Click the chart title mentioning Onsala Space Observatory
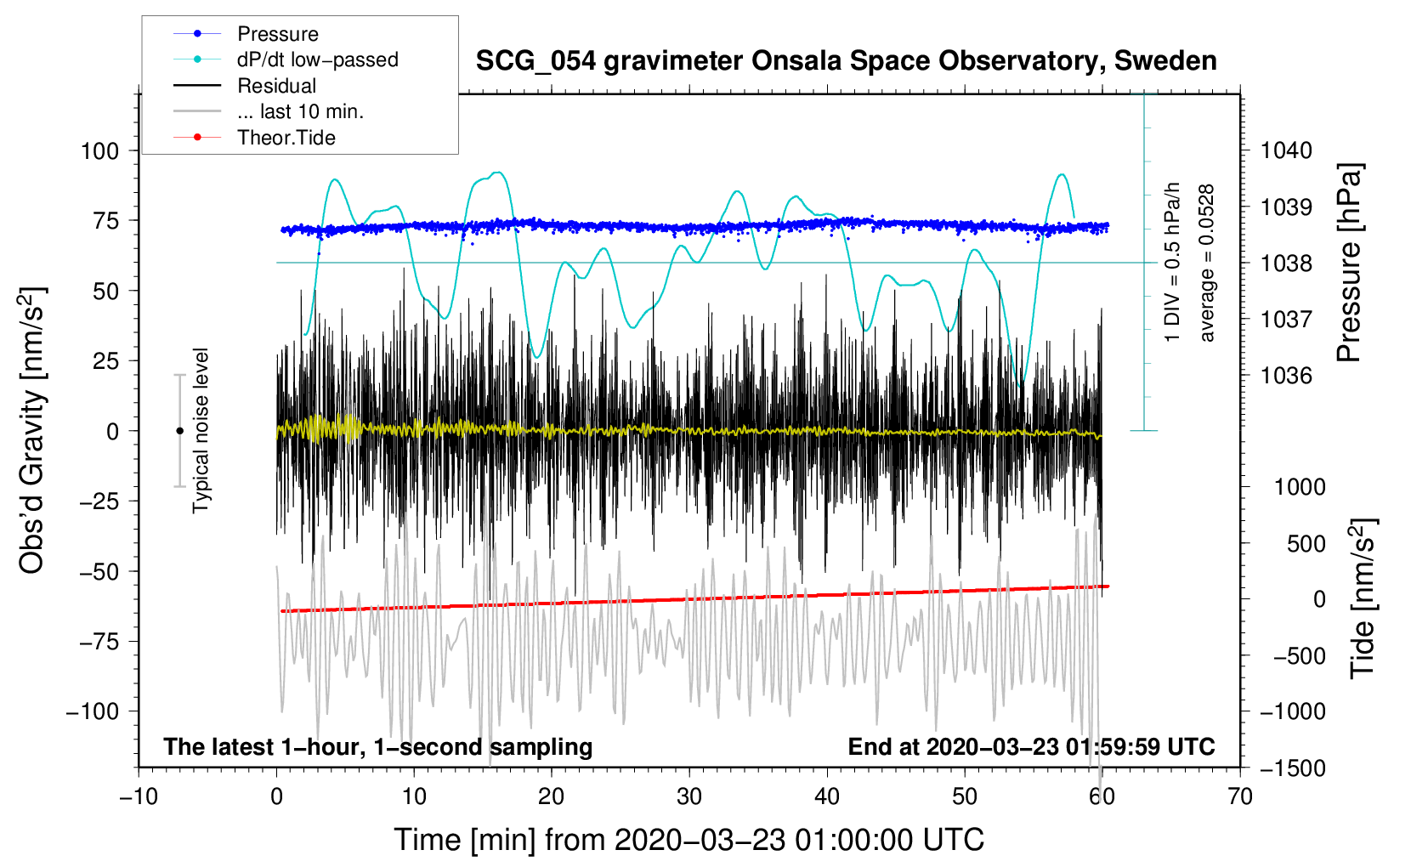click(x=846, y=61)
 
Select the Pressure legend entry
click(x=277, y=34)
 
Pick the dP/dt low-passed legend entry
click(x=317, y=59)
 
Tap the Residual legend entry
click(x=276, y=86)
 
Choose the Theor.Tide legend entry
click(x=286, y=138)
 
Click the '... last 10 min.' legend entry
click(x=300, y=111)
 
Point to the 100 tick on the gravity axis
click(x=99, y=151)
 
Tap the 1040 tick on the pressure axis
click(x=1286, y=151)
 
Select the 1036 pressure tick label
click(x=1286, y=376)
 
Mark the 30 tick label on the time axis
click(x=689, y=797)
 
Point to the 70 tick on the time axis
click(x=1240, y=797)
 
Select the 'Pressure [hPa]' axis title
click(x=1349, y=263)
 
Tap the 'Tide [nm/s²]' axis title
click(x=1363, y=598)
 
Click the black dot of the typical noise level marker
click(x=179, y=431)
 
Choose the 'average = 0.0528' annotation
click(x=1207, y=263)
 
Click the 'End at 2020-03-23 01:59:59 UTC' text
click(x=1031, y=747)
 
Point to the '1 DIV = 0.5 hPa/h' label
click(x=1173, y=263)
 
